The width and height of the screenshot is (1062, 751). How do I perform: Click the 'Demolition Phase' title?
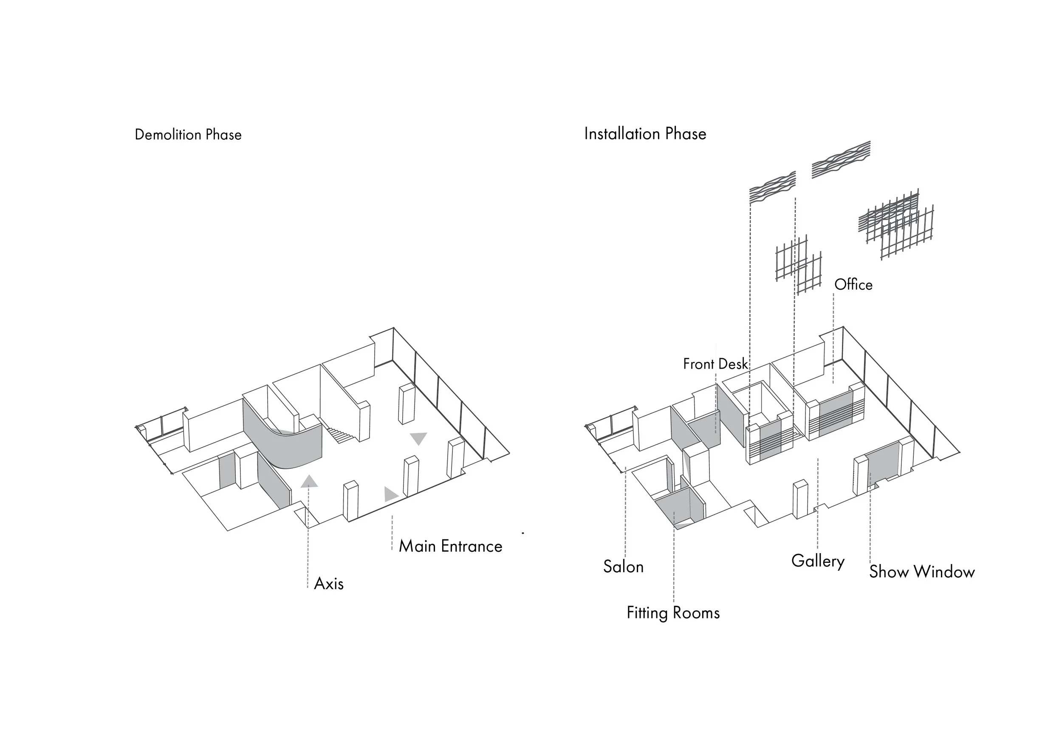188,135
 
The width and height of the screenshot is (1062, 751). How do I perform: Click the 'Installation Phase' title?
645,134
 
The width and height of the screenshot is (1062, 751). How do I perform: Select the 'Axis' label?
328,584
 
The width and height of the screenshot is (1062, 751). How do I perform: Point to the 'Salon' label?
623,567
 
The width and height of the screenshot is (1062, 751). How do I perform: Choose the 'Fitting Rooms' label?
673,613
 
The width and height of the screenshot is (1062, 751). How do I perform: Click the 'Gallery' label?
817,561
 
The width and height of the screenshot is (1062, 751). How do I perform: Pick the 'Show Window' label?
921,572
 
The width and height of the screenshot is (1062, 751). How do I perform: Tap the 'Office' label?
853,285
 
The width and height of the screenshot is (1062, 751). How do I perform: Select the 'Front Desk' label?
715,364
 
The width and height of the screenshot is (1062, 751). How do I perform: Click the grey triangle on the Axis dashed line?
309,481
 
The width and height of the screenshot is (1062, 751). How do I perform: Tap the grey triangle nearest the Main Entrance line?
390,494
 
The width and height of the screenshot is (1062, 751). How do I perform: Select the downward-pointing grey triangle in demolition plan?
418,438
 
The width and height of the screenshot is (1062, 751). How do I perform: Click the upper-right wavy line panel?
841,159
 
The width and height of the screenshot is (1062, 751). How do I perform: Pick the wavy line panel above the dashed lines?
772,187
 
